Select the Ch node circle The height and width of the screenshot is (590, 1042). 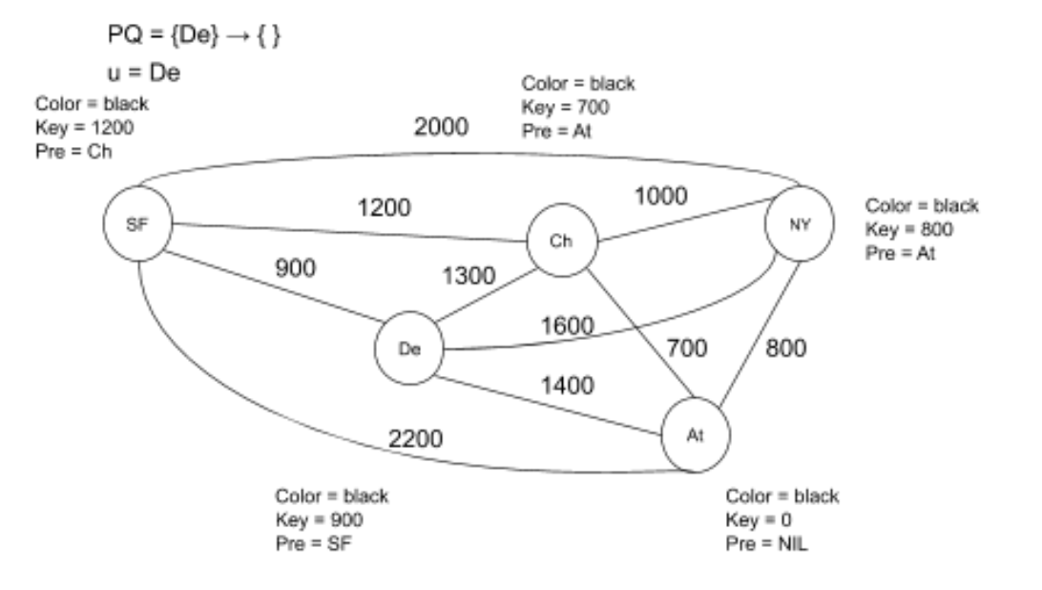[x=562, y=240]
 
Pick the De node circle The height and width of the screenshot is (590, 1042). [x=409, y=348]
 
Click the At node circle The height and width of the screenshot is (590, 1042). [x=696, y=434]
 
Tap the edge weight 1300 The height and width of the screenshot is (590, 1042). [x=469, y=277]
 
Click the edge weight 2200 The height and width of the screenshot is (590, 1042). [x=414, y=438]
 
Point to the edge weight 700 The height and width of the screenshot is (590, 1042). [x=686, y=348]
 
